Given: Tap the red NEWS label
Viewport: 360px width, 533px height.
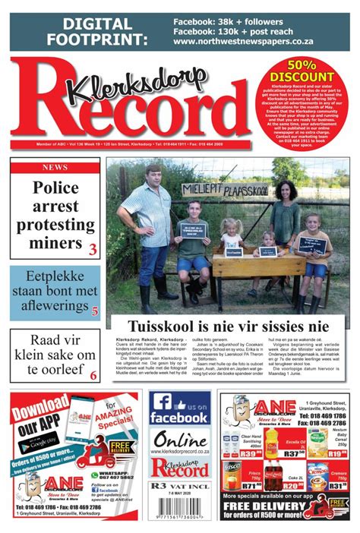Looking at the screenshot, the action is pyautogui.click(x=55, y=167).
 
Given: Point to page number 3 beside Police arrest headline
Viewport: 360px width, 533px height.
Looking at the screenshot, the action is pyautogui.click(x=93, y=250).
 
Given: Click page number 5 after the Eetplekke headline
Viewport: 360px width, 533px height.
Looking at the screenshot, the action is pyautogui.click(x=94, y=310).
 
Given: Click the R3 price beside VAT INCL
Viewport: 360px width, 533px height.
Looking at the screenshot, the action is pyautogui.click(x=159, y=484).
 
